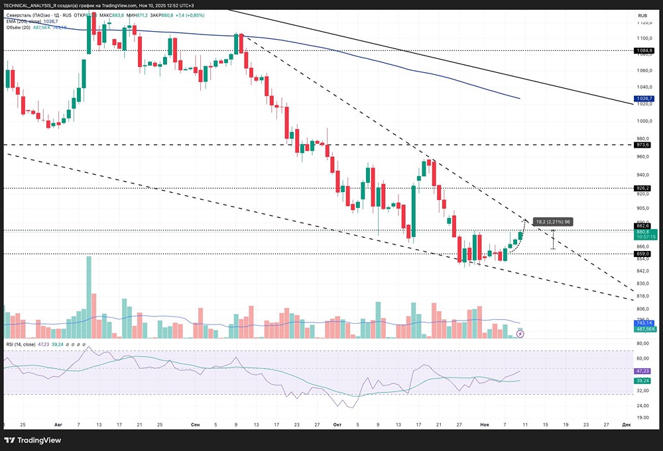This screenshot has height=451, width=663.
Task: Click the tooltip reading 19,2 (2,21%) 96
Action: tap(552, 221)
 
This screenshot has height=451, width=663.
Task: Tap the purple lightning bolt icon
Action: tap(520, 334)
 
